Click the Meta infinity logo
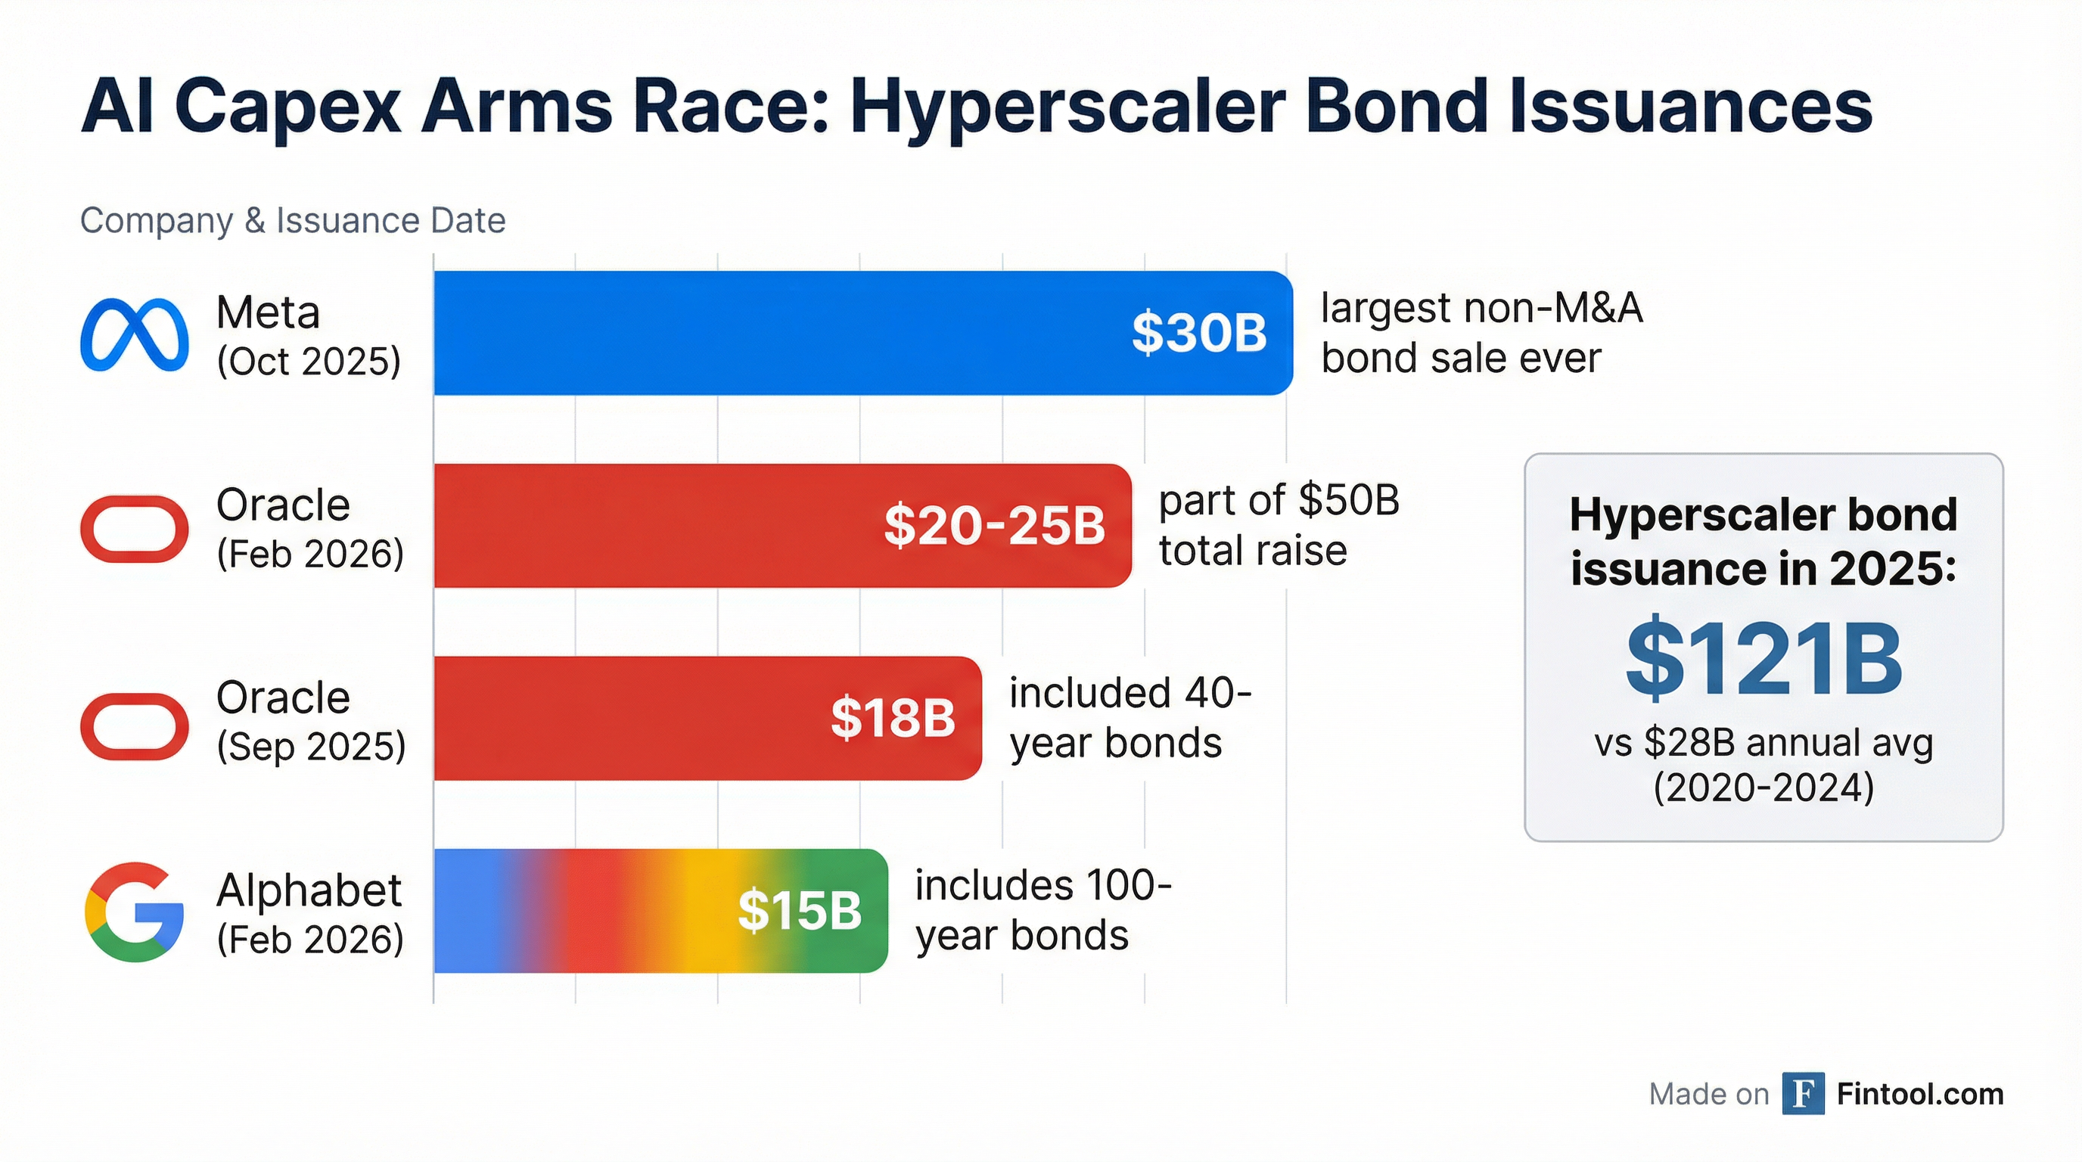pyautogui.click(x=134, y=334)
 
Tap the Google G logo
pyautogui.click(x=134, y=912)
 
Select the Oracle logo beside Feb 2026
pyautogui.click(x=134, y=529)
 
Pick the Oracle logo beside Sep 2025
pyautogui.click(x=134, y=725)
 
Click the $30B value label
pyautogui.click(x=1198, y=333)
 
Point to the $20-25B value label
pyautogui.click(x=994, y=525)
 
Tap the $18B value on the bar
pyautogui.click(x=892, y=718)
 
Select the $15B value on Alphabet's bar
pyautogui.click(x=800, y=911)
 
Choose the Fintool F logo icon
pyautogui.click(x=1803, y=1093)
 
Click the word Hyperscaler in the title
pyautogui.click(x=1067, y=107)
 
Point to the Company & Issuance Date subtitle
pyautogui.click(x=293, y=221)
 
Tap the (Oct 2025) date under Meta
pyautogui.click(x=309, y=361)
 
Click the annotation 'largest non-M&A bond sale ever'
pyautogui.click(x=1481, y=333)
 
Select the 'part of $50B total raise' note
pyautogui.click(x=1279, y=525)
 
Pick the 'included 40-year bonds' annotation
pyautogui.click(x=1129, y=718)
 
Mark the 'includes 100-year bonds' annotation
pyautogui.click(x=1043, y=911)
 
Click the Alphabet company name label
pyautogui.click(x=309, y=890)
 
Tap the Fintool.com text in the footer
pyautogui.click(x=1919, y=1094)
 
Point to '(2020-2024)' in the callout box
pyautogui.click(x=1763, y=788)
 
